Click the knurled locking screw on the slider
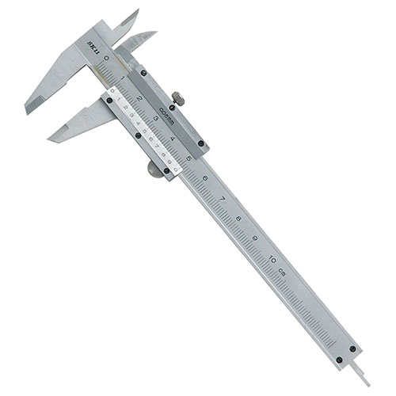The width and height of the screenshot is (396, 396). [181, 99]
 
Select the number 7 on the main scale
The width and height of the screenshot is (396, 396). [223, 198]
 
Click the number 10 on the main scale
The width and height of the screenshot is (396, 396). [273, 258]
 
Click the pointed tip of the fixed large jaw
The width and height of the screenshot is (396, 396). [28, 111]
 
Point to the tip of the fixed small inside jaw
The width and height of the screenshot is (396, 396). [136, 11]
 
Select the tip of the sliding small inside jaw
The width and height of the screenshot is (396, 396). [154, 33]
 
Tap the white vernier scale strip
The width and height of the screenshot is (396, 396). [141, 128]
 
